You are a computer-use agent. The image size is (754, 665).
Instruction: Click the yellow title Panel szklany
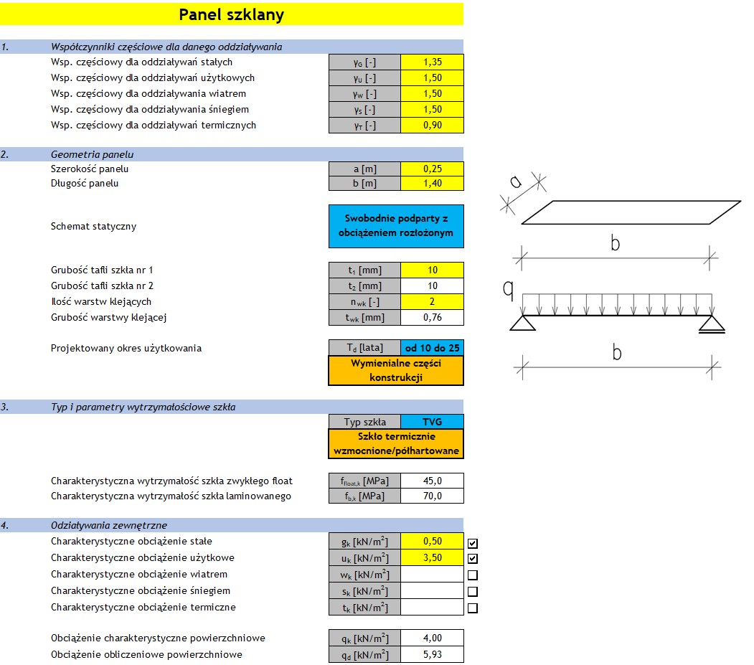(x=231, y=14)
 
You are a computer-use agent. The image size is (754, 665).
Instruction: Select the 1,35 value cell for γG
(x=432, y=62)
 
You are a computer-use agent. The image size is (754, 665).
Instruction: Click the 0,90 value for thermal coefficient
(x=432, y=126)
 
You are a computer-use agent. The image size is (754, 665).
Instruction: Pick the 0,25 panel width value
(x=432, y=169)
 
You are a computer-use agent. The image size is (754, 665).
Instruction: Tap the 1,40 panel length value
(x=432, y=184)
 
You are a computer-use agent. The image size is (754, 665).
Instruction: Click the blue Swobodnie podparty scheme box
(x=396, y=226)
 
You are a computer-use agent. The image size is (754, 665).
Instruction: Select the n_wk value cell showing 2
(x=432, y=302)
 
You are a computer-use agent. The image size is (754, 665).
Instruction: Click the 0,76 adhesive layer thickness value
(x=432, y=317)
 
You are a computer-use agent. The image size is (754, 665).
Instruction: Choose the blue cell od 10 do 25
(x=432, y=349)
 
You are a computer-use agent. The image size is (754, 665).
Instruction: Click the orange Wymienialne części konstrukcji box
(x=396, y=370)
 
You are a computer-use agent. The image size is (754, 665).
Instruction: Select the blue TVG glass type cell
(x=432, y=422)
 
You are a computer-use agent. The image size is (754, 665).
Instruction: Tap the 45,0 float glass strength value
(x=432, y=481)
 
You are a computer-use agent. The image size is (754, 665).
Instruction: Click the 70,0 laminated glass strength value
(x=432, y=496)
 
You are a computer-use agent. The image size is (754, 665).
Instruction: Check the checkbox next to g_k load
(x=473, y=543)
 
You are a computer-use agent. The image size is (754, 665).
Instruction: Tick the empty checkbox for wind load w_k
(x=473, y=575)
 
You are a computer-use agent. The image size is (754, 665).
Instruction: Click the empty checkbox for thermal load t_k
(x=473, y=608)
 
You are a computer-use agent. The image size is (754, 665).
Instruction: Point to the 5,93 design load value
(x=432, y=654)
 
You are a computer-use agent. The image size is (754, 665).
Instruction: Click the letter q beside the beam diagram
(x=508, y=288)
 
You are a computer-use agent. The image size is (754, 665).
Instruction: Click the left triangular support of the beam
(x=522, y=323)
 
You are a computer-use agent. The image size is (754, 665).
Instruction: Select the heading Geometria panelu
(x=92, y=154)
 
